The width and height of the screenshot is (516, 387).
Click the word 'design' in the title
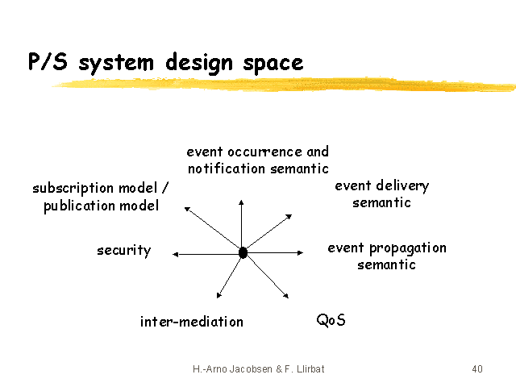199,63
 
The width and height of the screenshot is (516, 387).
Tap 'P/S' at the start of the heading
48,61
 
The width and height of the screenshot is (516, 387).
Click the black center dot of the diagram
243,252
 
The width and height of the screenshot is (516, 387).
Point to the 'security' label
123,251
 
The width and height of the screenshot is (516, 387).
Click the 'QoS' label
331,320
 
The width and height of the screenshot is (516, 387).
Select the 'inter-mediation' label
192,322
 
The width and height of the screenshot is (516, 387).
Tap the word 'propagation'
408,249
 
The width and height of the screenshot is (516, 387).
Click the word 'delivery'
402,186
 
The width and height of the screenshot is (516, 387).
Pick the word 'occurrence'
264,152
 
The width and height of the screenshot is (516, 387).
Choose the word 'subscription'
73,189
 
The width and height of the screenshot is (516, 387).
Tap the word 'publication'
79,206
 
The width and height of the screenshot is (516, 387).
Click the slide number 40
477,369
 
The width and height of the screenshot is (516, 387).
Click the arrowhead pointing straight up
241,202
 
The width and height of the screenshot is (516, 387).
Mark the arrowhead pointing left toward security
176,254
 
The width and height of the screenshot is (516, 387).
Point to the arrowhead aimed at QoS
285,296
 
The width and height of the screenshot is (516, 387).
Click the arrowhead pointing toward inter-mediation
218,295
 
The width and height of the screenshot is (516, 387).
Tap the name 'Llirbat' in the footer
310,369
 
